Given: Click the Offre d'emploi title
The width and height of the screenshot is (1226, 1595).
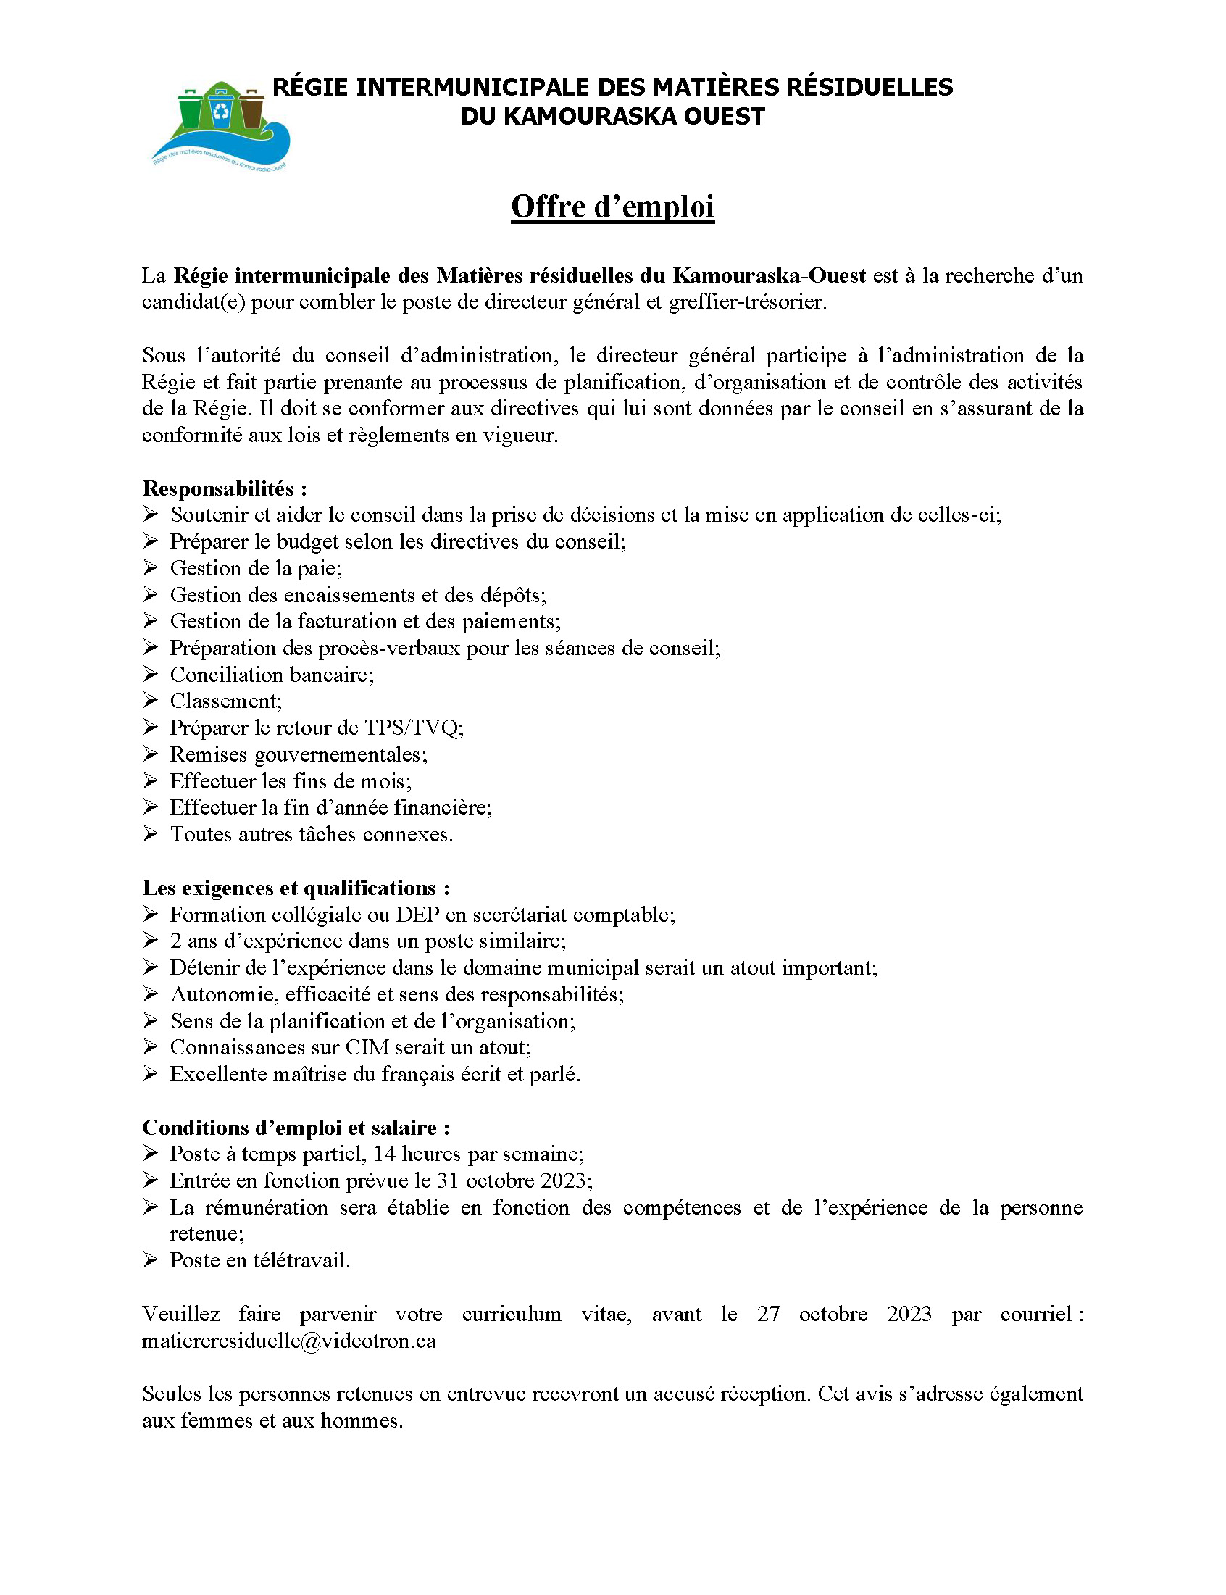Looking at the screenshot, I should click(x=612, y=207).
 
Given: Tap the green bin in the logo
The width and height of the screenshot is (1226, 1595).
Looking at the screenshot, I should click(x=191, y=109).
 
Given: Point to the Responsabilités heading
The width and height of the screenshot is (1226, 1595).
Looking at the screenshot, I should click(x=224, y=488).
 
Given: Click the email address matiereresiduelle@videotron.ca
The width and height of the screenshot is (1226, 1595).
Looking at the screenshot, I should click(x=289, y=1341).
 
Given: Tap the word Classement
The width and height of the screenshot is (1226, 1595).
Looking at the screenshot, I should click(x=224, y=701).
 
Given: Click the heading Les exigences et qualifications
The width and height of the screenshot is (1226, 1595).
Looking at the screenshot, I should click(x=296, y=888).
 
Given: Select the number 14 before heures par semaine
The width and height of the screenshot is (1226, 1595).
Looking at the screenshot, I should click(x=384, y=1154).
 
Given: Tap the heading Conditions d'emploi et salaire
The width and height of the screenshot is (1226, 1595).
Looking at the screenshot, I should click(x=296, y=1128).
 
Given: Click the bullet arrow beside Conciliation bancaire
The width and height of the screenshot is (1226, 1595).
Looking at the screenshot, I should click(x=150, y=674).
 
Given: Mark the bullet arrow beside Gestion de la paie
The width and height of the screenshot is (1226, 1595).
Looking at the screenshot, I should click(x=150, y=567).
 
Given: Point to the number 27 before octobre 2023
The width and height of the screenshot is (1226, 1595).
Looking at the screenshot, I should click(x=768, y=1314).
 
